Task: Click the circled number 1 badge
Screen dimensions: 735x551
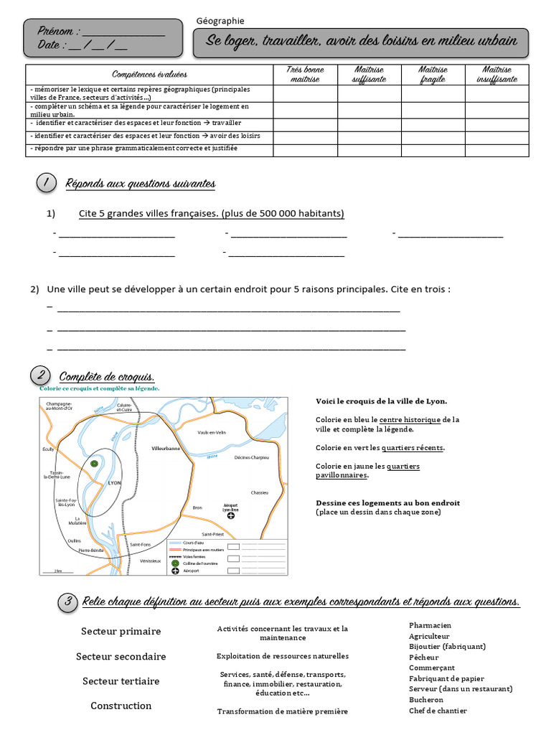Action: click(46, 184)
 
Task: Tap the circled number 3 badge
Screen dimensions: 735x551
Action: click(67, 602)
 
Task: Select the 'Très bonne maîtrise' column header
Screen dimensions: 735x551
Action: click(305, 75)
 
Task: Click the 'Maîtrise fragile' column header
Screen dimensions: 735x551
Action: click(433, 75)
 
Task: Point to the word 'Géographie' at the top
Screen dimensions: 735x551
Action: click(220, 21)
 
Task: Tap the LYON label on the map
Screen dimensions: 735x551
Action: click(115, 483)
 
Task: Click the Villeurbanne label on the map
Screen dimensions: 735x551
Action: click(166, 448)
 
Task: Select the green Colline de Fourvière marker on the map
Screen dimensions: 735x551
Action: click(94, 464)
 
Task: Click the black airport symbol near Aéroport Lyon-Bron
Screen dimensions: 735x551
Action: click(230, 515)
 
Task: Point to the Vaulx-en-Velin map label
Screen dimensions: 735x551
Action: click(212, 432)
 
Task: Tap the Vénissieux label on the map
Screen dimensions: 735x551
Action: click(151, 561)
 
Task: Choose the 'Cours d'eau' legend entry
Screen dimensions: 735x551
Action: click(194, 543)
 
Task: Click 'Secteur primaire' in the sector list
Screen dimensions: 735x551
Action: click(121, 632)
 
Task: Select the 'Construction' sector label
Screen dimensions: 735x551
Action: click(121, 706)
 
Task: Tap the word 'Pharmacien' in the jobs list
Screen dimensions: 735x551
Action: click(430, 625)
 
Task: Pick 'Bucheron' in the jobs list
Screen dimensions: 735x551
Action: click(426, 700)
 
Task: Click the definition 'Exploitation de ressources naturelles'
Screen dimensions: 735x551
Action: click(283, 656)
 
